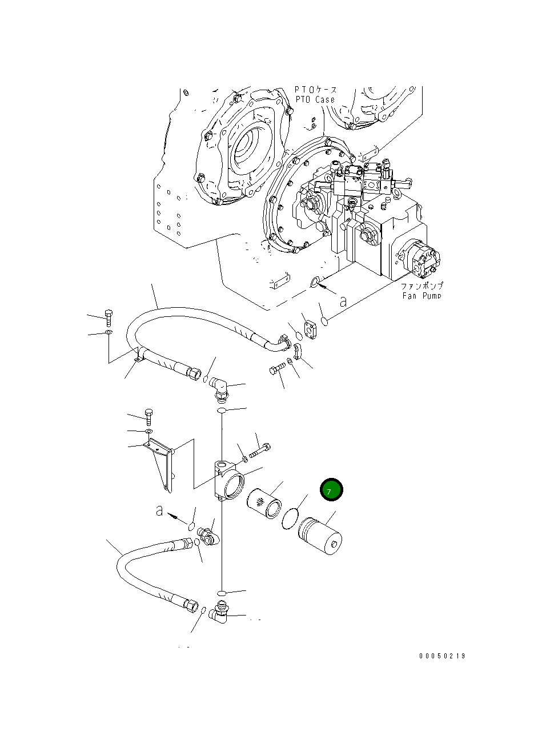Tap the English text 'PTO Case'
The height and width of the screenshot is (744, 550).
point(315,99)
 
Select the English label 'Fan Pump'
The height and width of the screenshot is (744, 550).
point(421,295)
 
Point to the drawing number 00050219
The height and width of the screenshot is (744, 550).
point(442,656)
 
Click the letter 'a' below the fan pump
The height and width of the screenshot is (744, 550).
point(343,301)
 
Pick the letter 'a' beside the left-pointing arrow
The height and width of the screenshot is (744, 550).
point(159,510)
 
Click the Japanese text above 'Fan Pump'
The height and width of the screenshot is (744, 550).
point(421,285)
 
